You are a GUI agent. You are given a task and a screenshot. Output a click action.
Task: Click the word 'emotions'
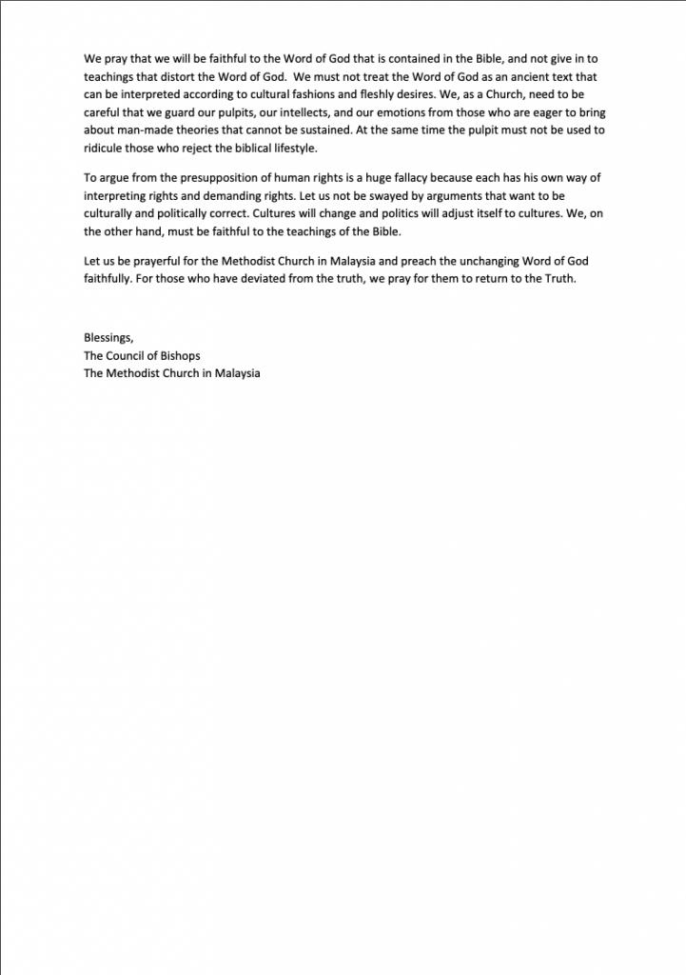coord(400,112)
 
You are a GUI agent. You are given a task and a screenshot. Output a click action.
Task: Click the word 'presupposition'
coord(215,177)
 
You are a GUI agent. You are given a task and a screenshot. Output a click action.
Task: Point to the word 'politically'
coord(193,213)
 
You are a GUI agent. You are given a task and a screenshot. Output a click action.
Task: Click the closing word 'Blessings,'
coord(108,337)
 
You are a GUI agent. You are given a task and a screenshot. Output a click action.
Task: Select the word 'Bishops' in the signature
coord(180,355)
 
